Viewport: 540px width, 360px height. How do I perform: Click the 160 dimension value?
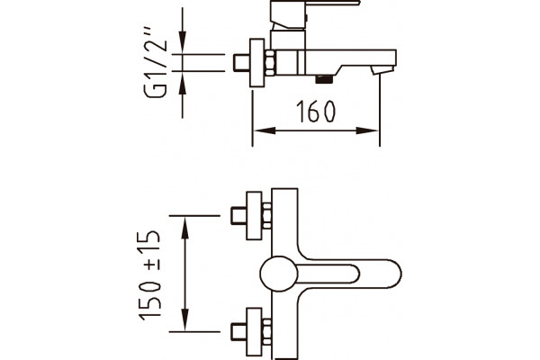[316, 112]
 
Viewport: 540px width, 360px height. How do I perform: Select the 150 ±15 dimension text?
[150, 275]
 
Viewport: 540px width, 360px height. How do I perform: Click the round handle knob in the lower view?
[279, 274]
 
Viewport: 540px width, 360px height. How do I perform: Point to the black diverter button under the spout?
[324, 79]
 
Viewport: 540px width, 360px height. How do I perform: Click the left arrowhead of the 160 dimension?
[265, 130]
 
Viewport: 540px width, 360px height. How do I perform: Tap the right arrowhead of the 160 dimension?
[367, 130]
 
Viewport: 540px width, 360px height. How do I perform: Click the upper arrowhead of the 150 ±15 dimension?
[185, 227]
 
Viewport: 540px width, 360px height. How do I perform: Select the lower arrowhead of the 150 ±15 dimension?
[185, 320]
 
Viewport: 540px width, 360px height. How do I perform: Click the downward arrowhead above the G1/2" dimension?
[183, 42]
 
